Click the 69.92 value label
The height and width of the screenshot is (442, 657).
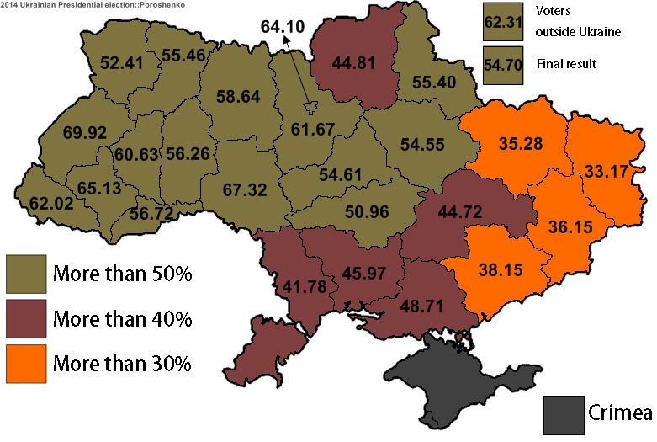[x=83, y=132]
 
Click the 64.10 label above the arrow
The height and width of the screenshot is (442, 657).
[x=282, y=26]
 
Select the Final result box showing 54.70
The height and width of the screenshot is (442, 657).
[x=503, y=64]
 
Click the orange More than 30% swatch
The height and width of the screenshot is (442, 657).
[x=26, y=364]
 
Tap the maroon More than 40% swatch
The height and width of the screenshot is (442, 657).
[x=26, y=319]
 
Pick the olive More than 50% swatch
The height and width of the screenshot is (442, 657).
[x=26, y=274]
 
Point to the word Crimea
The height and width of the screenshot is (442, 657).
[x=619, y=413]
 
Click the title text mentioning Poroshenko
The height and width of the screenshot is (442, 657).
[x=94, y=5]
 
